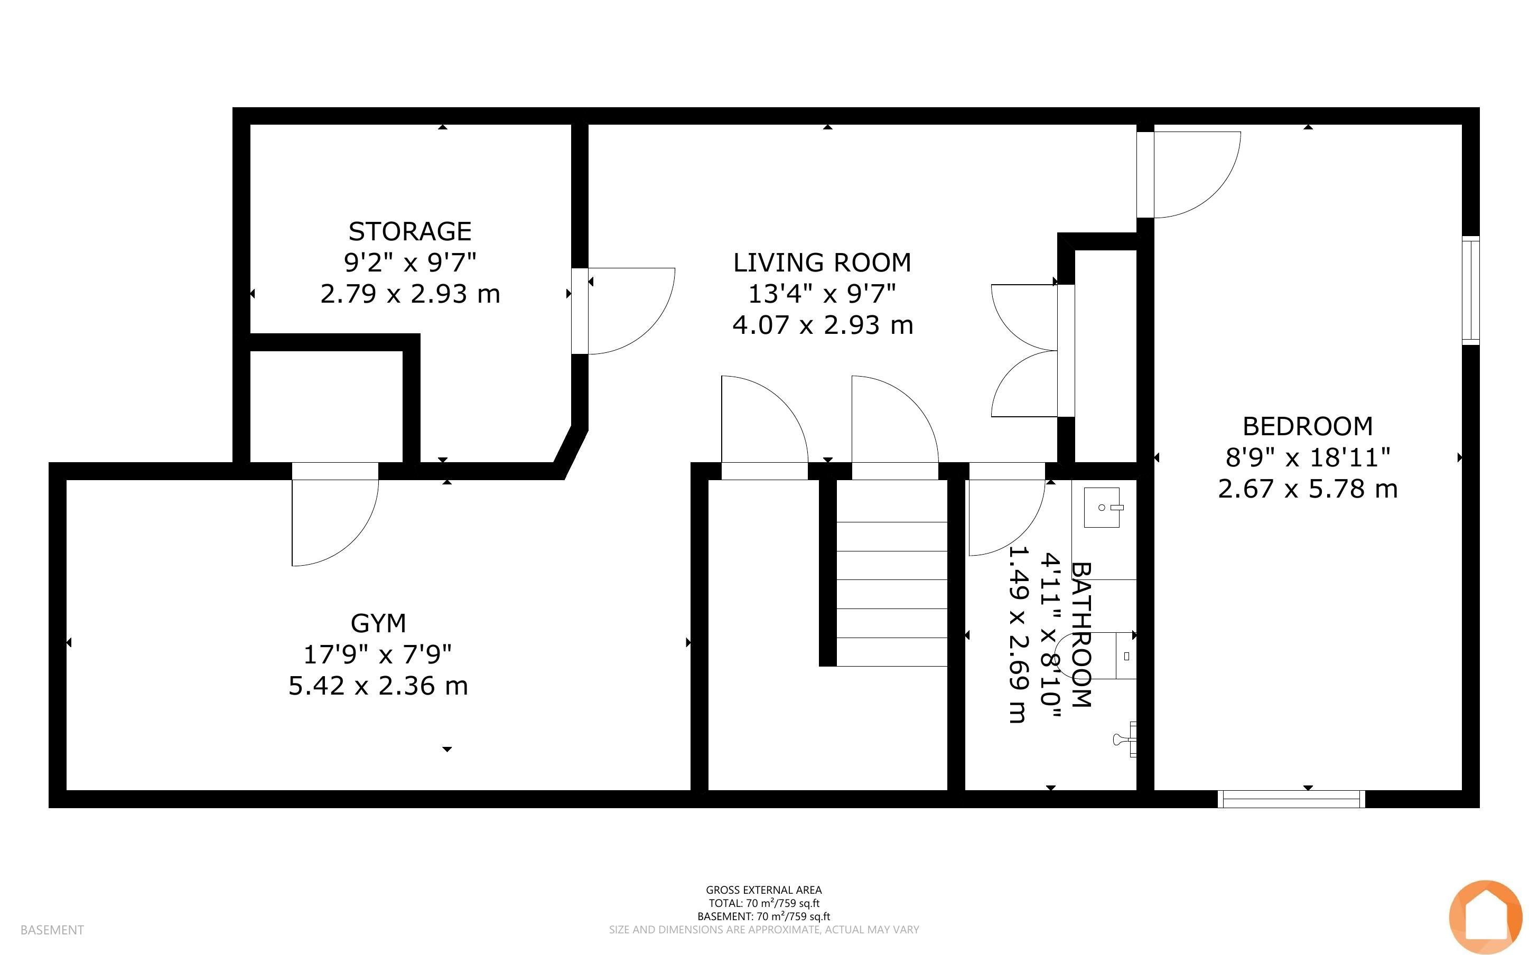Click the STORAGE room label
click(x=410, y=231)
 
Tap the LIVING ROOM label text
click(x=822, y=263)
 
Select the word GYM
click(x=378, y=623)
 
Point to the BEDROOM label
click(x=1307, y=426)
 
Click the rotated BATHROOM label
click(x=1080, y=634)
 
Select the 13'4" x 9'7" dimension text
click(x=822, y=294)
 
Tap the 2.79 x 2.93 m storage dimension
click(x=410, y=294)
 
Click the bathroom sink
click(x=1102, y=507)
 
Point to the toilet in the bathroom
click(x=1099, y=656)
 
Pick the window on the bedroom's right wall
click(x=1471, y=291)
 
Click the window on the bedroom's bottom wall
click(x=1291, y=799)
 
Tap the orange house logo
click(x=1486, y=916)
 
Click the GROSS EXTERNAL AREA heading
click(x=763, y=890)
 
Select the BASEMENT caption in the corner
click(x=52, y=930)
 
